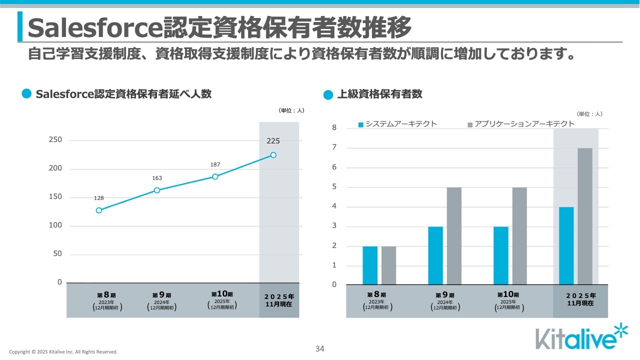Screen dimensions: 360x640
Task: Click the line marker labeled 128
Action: (99, 210)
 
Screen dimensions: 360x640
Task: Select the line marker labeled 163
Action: (157, 190)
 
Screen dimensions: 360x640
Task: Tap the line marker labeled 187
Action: (215, 176)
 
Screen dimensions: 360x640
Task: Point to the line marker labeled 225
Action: (273, 155)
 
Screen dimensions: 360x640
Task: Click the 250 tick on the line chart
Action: (55, 140)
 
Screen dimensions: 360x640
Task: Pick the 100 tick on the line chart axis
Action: (55, 225)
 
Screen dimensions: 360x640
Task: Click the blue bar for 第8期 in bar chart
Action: (370, 265)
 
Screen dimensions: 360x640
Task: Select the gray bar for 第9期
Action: (454, 236)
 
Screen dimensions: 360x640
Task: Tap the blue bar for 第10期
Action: (501, 255)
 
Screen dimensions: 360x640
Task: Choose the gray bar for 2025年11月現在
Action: (585, 216)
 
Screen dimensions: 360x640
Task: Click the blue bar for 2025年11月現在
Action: (566, 246)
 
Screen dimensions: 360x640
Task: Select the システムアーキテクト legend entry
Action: (397, 124)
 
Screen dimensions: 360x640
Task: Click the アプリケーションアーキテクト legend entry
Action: (520, 124)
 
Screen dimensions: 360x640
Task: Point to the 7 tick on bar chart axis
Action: (334, 148)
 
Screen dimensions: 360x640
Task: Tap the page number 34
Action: (320, 349)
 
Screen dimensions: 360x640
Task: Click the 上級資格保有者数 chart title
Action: (379, 94)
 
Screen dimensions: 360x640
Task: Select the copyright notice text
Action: (63, 352)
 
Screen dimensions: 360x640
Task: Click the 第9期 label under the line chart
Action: (162, 295)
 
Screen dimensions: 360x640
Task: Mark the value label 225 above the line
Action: (273, 141)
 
